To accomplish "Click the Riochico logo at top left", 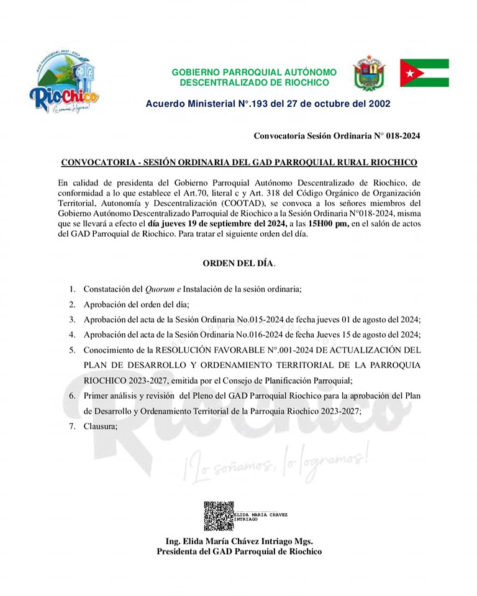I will tap(64, 84).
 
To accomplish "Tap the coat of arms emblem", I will tap(369, 73).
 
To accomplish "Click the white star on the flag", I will tap(410, 73).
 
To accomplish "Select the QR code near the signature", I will tap(219, 516).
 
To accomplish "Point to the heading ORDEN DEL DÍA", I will tap(238, 263).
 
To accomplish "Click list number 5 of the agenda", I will tap(72, 350).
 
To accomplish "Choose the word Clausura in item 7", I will tap(100, 426).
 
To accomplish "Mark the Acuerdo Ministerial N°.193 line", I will tap(268, 104).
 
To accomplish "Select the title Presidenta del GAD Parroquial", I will tap(238, 551).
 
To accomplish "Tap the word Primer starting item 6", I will tap(98, 395).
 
